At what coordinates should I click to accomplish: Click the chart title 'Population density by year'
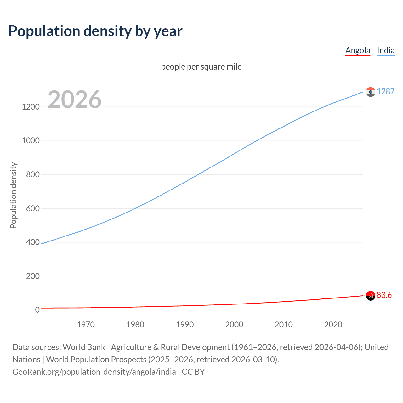click(x=95, y=31)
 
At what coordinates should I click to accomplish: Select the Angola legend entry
click(x=358, y=50)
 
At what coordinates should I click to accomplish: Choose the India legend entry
click(x=386, y=50)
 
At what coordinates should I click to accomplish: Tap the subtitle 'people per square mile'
click(x=201, y=67)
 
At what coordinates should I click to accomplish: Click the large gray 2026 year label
click(x=75, y=99)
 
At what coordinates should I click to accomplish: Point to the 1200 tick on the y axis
click(x=31, y=107)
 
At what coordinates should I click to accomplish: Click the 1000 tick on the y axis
click(x=31, y=141)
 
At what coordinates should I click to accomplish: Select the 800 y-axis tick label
click(x=33, y=174)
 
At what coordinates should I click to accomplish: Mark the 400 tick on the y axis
click(x=33, y=242)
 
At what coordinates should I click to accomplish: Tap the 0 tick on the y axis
click(x=37, y=310)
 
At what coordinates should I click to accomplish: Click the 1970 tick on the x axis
click(x=86, y=325)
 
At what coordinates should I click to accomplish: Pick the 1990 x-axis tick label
click(x=185, y=325)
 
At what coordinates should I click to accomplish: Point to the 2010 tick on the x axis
click(x=284, y=325)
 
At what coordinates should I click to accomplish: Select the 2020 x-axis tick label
click(x=333, y=325)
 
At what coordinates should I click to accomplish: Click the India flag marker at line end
click(x=371, y=92)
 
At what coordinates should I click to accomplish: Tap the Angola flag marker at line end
click(x=371, y=296)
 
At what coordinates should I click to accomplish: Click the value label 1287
click(x=386, y=91)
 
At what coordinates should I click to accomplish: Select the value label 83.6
click(x=384, y=295)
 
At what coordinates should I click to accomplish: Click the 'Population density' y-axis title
click(x=13, y=195)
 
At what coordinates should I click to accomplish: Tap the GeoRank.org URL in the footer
click(x=94, y=372)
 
